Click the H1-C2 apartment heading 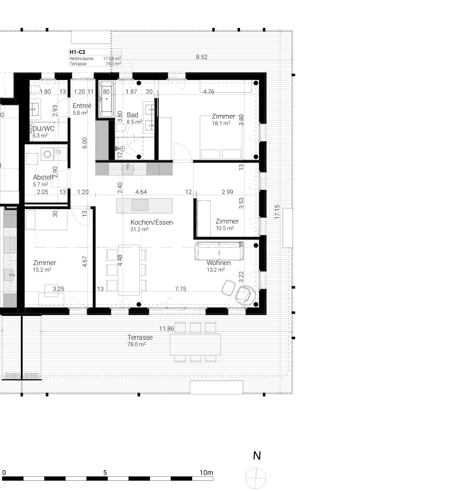click(x=77, y=52)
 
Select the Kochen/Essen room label click(x=151, y=222)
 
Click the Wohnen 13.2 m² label click(x=218, y=266)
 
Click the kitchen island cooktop click(x=140, y=205)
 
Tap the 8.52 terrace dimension click(x=202, y=57)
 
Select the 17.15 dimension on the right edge click(x=277, y=212)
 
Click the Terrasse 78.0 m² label click(x=140, y=340)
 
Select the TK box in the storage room click(x=58, y=152)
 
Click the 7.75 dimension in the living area click(x=180, y=289)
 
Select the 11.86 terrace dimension click(x=167, y=329)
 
